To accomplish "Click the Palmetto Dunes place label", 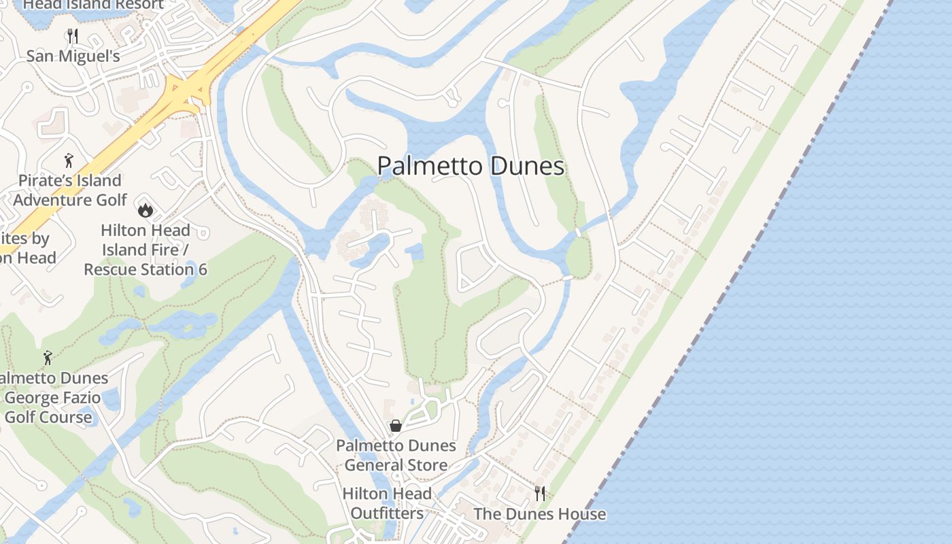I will coord(471,167).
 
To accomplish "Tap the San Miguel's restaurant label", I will coord(73,56).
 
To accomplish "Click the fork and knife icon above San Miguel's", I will coord(73,35).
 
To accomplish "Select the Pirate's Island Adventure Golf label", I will coord(69,190).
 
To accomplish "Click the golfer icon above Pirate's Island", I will coord(69,160).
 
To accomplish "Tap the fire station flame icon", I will coord(145,209).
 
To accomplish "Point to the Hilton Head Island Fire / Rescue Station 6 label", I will coord(145,250).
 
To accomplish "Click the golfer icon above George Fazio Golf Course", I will coord(48,357).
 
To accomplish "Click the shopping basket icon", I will coord(396,426).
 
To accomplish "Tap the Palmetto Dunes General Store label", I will coord(396,456).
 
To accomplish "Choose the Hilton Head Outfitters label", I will coord(387,503).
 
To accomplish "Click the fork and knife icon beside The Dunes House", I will coord(540,493).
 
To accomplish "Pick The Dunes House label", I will coord(539,514).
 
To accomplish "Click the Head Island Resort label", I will coord(93,5).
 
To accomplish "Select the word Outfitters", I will coord(387,513).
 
